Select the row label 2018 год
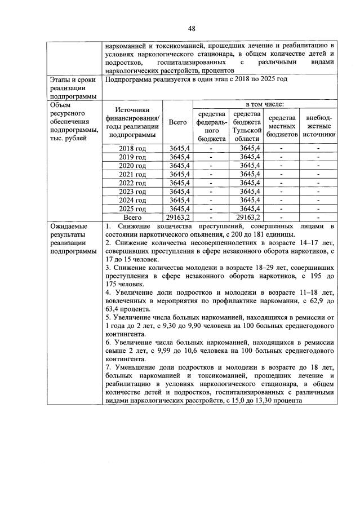click(132, 148)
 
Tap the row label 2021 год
click(132, 175)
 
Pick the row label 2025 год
click(132, 209)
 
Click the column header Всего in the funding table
click(178, 122)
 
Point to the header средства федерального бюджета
click(211, 126)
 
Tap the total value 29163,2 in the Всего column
click(178, 217)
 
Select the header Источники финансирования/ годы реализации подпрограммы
click(132, 122)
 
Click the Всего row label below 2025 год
click(132, 217)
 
